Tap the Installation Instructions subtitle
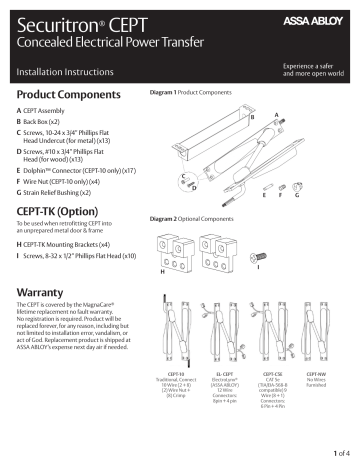62,73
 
